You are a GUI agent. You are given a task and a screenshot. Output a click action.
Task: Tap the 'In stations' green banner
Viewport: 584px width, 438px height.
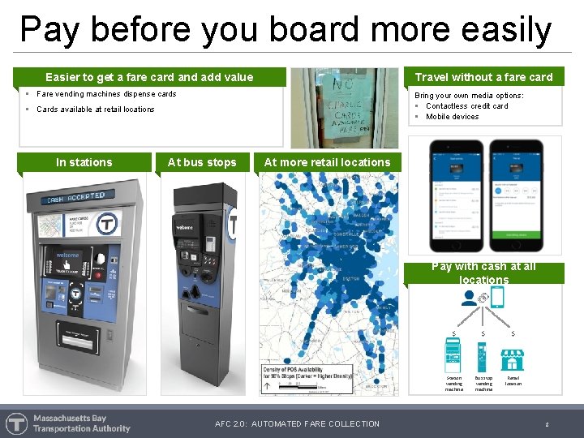click(84, 162)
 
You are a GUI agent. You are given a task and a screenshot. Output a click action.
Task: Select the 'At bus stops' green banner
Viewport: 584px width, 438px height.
click(202, 162)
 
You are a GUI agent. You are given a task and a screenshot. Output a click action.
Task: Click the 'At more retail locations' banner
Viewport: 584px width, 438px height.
click(327, 162)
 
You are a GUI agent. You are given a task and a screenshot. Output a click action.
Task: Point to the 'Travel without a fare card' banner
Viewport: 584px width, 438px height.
click(483, 77)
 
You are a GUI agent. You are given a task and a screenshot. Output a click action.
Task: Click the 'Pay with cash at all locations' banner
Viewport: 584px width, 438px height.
click(483, 273)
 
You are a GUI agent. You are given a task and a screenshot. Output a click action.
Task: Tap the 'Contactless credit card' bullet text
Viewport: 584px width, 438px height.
click(467, 106)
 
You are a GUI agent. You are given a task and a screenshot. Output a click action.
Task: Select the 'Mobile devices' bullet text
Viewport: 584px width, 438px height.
click(452, 117)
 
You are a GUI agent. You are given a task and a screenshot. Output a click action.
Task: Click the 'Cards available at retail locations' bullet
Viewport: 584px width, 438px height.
click(96, 109)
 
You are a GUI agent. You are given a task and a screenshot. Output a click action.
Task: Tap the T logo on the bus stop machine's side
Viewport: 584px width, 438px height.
click(234, 224)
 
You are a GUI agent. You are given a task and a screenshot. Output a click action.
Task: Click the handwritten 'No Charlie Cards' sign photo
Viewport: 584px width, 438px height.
click(346, 107)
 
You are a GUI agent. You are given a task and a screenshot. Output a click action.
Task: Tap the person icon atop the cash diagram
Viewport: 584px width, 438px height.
click(470, 298)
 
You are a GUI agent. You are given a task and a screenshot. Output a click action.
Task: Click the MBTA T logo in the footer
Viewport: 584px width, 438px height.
click(16, 423)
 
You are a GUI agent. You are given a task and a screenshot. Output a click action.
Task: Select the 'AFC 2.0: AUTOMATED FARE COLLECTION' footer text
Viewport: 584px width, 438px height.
click(297, 423)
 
